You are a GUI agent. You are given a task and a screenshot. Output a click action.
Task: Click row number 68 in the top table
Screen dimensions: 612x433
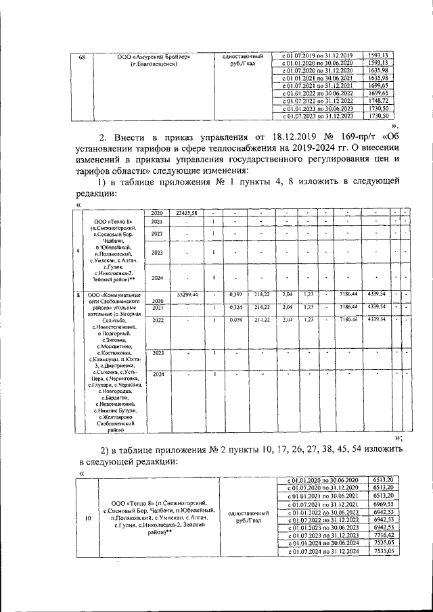[82, 56]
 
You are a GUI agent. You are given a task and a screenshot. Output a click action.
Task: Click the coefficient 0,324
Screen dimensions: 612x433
[236, 307]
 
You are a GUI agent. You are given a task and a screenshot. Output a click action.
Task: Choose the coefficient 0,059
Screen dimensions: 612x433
[236, 319]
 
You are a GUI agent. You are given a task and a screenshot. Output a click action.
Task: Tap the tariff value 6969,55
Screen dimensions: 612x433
[383, 505]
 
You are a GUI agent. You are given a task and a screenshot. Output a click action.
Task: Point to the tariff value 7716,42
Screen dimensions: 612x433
[383, 534]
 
